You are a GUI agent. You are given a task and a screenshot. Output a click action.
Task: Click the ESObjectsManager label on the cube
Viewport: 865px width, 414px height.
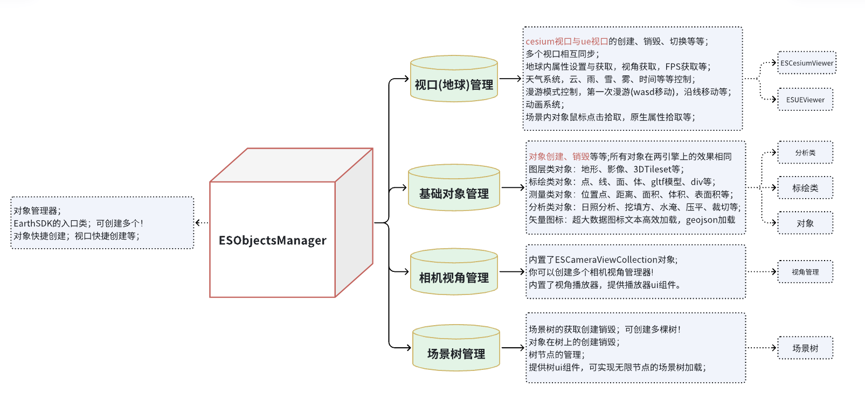(272, 240)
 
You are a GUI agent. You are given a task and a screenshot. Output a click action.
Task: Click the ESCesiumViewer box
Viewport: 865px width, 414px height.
(807, 63)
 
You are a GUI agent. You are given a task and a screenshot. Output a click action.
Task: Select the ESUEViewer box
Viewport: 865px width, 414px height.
(805, 100)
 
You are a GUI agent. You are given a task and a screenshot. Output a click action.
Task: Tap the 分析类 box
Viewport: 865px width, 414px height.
(805, 153)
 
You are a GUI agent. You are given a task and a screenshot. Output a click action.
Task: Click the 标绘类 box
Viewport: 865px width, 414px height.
(805, 188)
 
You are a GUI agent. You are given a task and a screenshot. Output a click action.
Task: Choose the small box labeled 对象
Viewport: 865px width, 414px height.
(805, 223)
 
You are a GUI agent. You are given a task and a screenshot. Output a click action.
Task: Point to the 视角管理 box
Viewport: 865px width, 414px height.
(805, 272)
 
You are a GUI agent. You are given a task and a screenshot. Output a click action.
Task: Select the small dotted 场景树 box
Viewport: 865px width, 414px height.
(805, 348)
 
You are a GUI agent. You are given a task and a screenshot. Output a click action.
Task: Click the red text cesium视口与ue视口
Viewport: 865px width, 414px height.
(567, 41)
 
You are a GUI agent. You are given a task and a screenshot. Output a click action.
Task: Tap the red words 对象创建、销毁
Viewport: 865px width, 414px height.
(559, 157)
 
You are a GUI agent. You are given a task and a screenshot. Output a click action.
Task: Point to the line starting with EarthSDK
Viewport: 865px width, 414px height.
(78, 223)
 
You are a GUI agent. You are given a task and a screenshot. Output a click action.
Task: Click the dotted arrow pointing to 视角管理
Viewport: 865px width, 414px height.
(762, 272)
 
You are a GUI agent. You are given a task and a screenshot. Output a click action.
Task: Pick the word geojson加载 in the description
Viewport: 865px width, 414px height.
(710, 220)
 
